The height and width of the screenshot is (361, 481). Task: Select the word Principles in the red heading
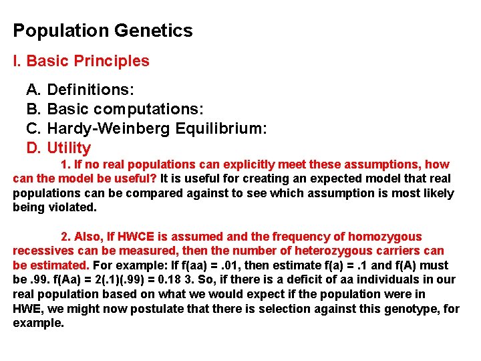pos(112,61)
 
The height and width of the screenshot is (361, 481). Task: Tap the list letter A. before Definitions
pos(33,90)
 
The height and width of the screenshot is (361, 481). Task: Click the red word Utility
pos(69,148)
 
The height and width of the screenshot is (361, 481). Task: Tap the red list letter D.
pos(33,148)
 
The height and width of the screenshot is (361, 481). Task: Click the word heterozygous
pos(316,251)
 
